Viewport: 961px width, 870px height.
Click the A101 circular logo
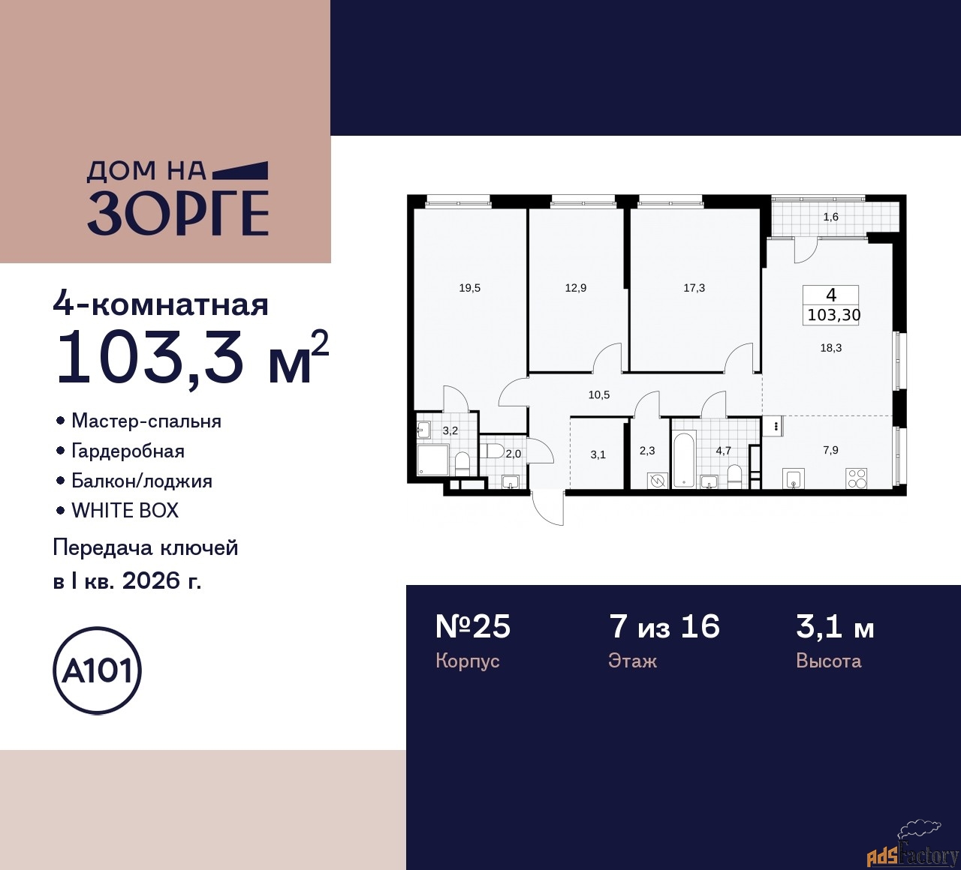98,670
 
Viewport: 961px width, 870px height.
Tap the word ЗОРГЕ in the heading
179,213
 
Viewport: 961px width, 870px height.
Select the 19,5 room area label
470,287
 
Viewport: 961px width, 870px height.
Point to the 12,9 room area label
576,287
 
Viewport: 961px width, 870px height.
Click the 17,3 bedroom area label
694,287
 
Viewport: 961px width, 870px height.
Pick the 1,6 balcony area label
830,217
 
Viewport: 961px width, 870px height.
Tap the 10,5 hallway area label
598,394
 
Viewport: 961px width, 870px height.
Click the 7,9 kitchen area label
830,450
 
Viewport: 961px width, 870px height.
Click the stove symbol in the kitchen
857,478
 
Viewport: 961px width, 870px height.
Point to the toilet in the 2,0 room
494,451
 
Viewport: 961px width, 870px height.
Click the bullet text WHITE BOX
125,511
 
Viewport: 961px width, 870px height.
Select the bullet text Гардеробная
128,451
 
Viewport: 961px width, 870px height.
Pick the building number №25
473,626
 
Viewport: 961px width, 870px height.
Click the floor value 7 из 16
664,626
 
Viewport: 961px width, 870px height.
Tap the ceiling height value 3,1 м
835,626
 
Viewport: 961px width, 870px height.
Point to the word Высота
828,661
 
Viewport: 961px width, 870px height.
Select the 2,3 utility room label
646,451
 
